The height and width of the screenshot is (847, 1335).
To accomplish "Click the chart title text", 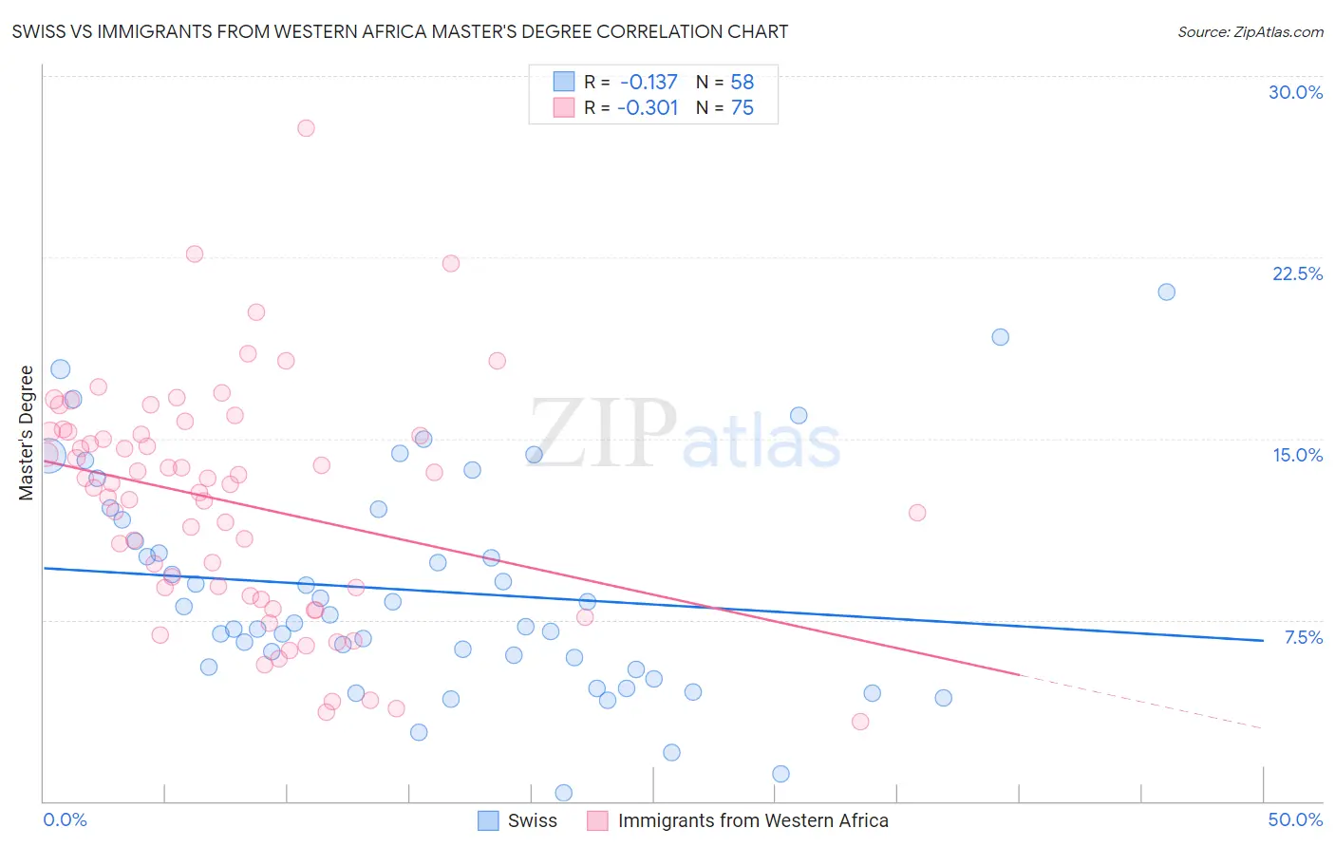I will click(400, 31).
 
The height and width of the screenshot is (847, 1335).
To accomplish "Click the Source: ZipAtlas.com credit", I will click(1250, 31).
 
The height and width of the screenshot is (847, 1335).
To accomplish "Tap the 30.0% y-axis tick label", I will click(1295, 92).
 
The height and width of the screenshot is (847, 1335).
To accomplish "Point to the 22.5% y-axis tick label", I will click(1297, 273).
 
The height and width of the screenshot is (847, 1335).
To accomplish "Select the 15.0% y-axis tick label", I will click(1297, 455).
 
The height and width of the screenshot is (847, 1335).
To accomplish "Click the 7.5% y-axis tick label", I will click(1303, 637).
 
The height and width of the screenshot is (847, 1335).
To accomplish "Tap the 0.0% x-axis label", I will click(65, 819).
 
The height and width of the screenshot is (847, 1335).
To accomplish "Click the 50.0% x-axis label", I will click(1295, 819).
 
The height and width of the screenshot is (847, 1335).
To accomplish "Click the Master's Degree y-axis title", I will click(27, 432).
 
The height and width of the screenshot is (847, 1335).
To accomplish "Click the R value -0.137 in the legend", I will click(649, 83).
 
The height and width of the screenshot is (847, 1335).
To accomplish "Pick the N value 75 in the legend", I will click(742, 108).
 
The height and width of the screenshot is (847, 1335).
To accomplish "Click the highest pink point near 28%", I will click(306, 128).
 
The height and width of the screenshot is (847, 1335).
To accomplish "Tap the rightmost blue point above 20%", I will click(1167, 292).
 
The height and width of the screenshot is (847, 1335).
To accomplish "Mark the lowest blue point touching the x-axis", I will click(563, 792).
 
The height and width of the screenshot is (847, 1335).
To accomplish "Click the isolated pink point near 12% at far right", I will click(917, 513).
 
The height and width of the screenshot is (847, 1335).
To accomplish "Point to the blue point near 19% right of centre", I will click(1000, 337).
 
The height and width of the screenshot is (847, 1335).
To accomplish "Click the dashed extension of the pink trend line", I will click(1139, 701).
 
